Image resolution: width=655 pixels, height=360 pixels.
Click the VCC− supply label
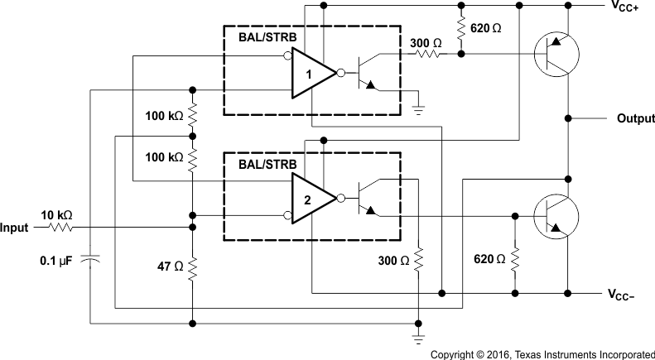coord(624,295)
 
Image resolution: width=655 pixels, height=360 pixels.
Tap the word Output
coord(635,119)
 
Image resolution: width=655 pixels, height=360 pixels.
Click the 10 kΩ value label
coord(55,214)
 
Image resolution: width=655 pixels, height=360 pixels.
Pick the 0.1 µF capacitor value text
coord(56,261)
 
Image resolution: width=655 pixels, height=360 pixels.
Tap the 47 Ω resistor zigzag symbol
coord(192,266)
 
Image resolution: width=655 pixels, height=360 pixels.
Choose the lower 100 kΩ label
coord(162,156)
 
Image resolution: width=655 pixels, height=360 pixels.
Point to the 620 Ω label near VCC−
coord(488,258)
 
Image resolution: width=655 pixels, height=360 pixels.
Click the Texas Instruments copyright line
coord(542,353)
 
